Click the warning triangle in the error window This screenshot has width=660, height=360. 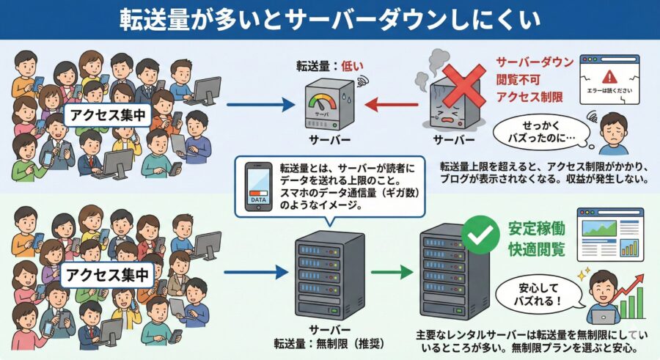tap(608, 76)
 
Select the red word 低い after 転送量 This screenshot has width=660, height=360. tap(351, 66)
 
